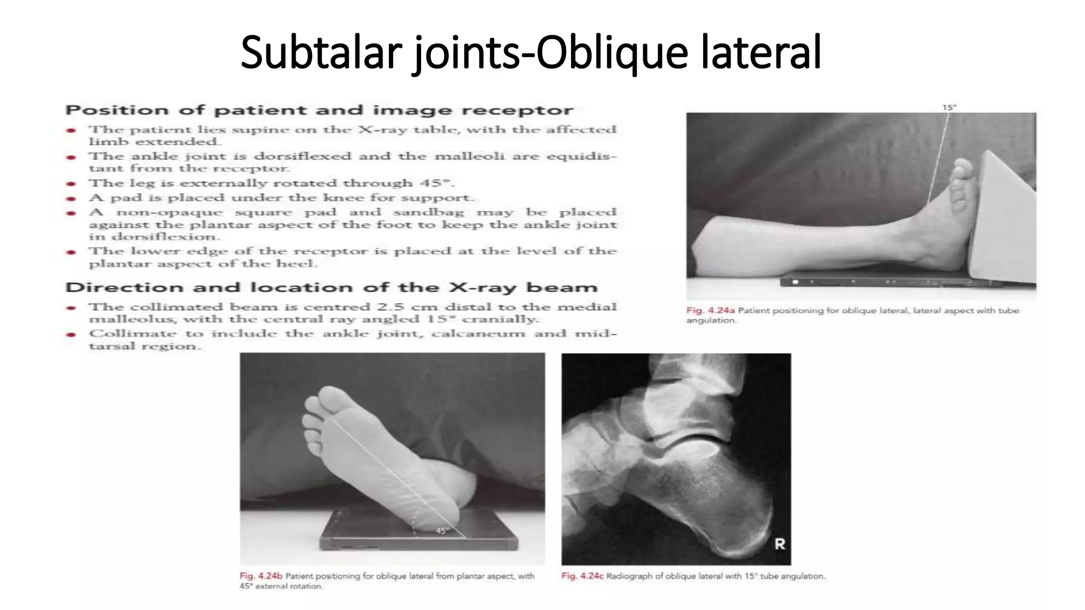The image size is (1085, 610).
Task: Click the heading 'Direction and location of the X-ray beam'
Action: coord(331,288)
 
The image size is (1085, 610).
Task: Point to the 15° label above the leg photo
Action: coord(949,107)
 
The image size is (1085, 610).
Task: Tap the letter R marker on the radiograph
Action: coord(779,544)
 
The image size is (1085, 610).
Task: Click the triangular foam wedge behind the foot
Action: coord(1007,217)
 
